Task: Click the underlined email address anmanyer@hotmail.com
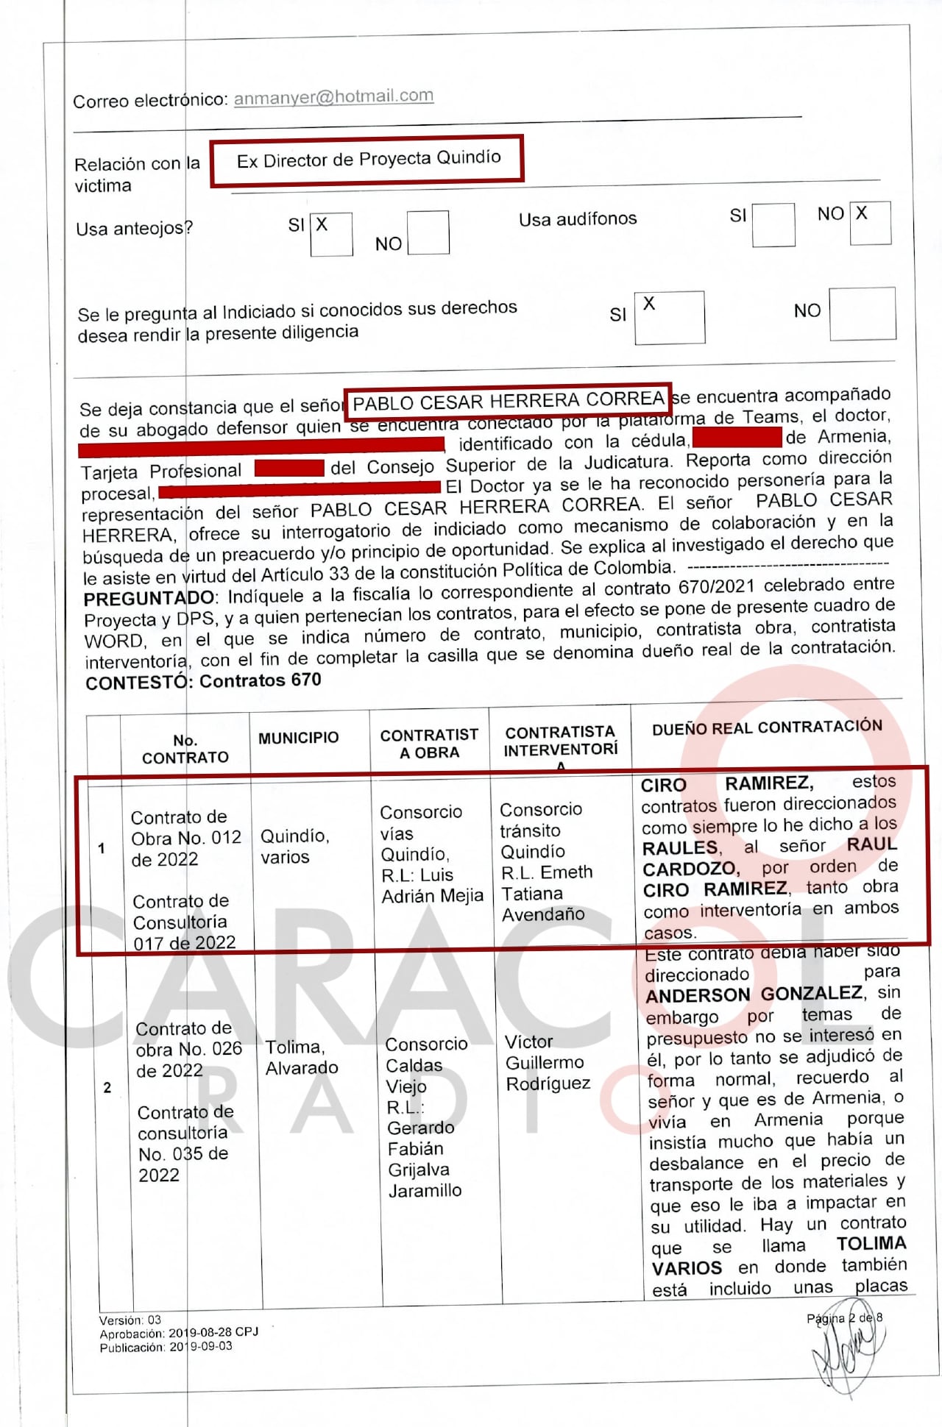pos(333,97)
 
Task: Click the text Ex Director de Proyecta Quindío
pos(368,159)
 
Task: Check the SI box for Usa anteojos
pos(331,234)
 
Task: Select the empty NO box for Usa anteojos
pos(428,232)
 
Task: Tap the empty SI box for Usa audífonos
pos(773,224)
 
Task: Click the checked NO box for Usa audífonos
pos(870,222)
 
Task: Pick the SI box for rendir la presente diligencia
pos(669,317)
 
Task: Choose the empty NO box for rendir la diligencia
pos(862,313)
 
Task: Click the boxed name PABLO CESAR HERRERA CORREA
pos(508,401)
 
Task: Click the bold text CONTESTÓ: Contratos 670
pos(203,681)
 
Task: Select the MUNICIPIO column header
pos(298,738)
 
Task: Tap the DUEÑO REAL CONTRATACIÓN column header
pos(767,727)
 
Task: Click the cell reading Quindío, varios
pos(295,846)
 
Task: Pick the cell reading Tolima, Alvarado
pos(302,1057)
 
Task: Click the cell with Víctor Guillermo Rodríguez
pos(548,1062)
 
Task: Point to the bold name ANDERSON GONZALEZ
pos(754,994)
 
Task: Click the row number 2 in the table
pos(107,1087)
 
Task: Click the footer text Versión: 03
pos(130,1320)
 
